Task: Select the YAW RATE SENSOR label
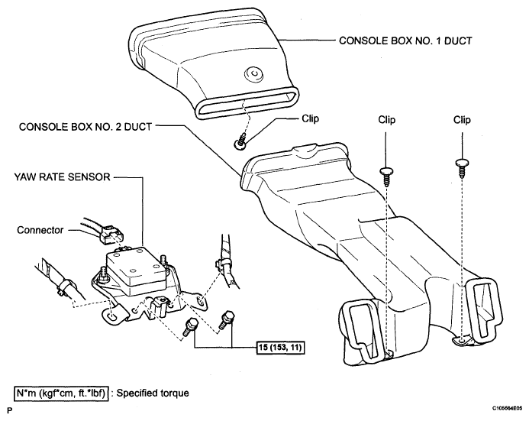click(63, 177)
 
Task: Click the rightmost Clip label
click(462, 120)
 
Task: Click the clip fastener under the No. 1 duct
click(241, 139)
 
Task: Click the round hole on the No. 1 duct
click(252, 74)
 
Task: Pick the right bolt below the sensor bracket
click(225, 316)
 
